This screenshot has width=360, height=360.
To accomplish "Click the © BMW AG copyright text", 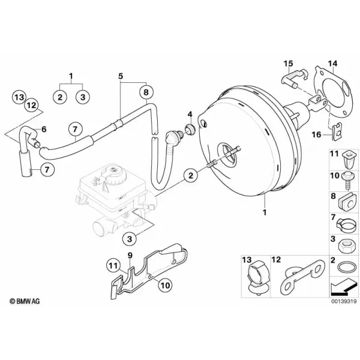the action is click(x=25, y=301).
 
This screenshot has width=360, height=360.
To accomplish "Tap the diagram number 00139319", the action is click(x=344, y=301).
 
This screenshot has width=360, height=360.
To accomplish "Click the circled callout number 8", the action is click(x=146, y=92).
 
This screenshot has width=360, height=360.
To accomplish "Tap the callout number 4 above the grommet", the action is click(x=190, y=114).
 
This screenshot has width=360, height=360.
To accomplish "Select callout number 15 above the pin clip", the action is click(x=289, y=64).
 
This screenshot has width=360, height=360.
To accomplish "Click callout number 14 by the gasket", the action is click(x=332, y=64).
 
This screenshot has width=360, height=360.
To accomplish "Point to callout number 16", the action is click(x=316, y=134).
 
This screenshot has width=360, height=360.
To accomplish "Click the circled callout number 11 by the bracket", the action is click(x=113, y=266).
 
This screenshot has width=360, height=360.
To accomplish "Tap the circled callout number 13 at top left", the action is click(x=19, y=97).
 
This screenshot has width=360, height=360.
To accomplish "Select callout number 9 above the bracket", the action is click(x=130, y=256).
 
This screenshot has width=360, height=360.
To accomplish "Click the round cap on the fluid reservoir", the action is click(x=113, y=173).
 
